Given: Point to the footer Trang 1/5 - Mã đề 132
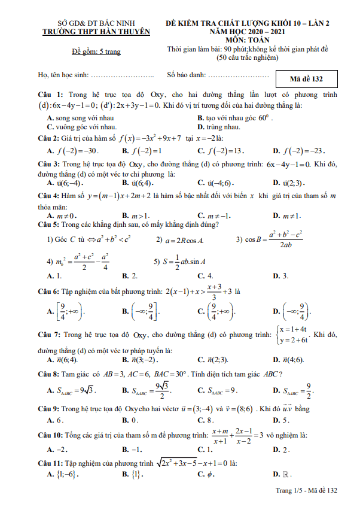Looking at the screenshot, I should click(x=305, y=490).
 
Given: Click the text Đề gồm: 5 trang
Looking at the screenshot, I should click(x=96, y=51).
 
